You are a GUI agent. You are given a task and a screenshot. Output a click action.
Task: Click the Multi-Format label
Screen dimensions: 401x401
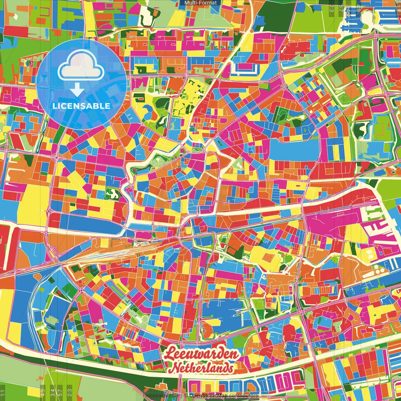click(200, 3)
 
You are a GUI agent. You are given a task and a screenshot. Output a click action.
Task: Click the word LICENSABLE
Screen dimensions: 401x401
click(81, 106)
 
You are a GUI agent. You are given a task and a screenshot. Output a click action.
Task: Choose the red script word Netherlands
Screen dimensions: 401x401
click(203, 368)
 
